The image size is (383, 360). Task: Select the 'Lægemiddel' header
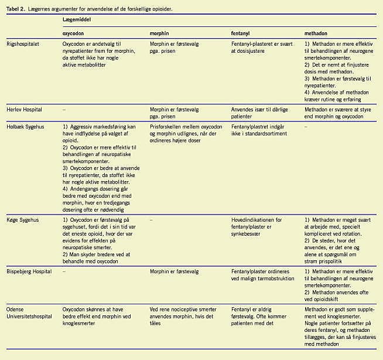(x=77, y=20)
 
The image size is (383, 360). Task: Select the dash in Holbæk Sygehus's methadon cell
(x=306, y=126)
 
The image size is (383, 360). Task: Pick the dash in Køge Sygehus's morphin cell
(x=151, y=220)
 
